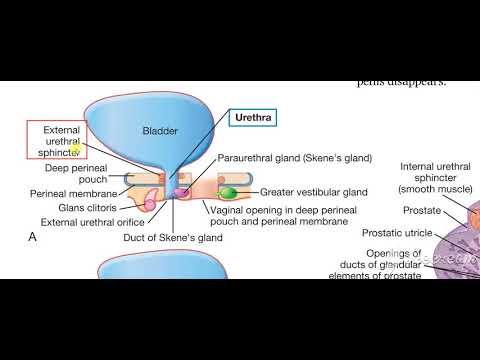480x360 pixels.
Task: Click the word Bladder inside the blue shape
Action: [x=160, y=131]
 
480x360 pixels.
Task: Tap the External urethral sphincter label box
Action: [x=55, y=141]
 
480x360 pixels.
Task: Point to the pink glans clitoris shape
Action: [x=151, y=204]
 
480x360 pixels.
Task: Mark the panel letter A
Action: [x=34, y=237]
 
